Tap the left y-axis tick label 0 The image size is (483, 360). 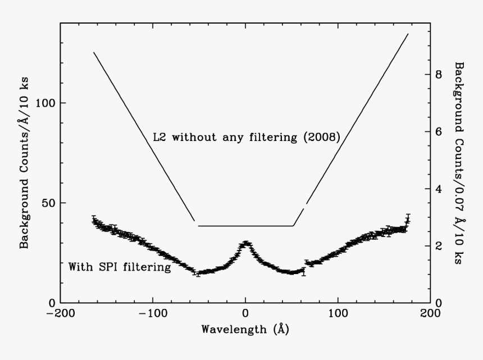[x=51, y=303]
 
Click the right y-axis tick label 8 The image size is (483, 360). [x=439, y=74]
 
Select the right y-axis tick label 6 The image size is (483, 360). [x=439, y=131]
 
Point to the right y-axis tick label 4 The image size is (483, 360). [x=439, y=189]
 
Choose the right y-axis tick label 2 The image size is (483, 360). [x=439, y=246]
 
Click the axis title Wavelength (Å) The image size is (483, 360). [x=245, y=329]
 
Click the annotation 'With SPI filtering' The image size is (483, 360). [x=119, y=267]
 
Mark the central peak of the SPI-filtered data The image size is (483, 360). [x=245, y=243]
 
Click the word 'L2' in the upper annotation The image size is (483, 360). [x=159, y=136]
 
